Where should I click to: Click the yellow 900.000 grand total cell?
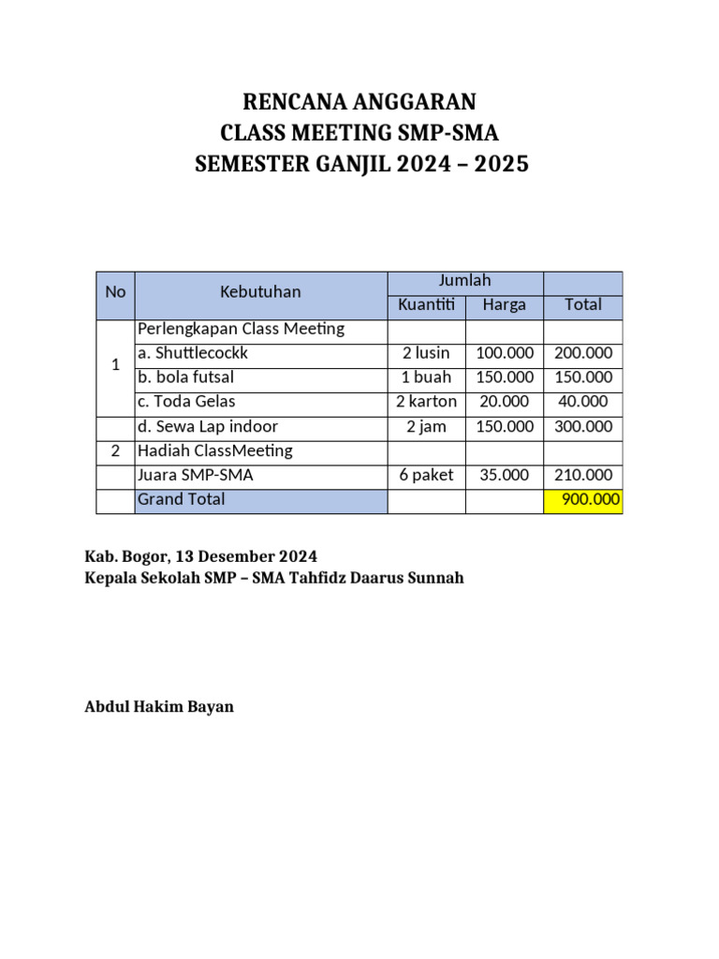tap(582, 500)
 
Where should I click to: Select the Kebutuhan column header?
tap(260, 292)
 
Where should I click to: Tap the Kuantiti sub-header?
tap(426, 305)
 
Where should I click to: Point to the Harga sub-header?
tap(504, 305)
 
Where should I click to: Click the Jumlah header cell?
tap(464, 281)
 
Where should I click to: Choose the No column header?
tap(115, 292)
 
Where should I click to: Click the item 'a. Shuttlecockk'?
tap(193, 354)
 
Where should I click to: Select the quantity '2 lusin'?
tap(426, 354)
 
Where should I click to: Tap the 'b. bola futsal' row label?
tap(185, 378)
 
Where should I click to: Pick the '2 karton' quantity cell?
tap(426, 403)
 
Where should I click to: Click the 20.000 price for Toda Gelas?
tap(505, 403)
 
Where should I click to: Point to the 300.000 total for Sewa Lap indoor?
tap(582, 427)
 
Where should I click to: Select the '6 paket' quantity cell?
tap(426, 476)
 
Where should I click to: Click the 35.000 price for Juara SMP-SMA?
tap(505, 476)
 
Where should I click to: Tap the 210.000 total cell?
tap(582, 476)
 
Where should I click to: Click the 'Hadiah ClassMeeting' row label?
tap(214, 451)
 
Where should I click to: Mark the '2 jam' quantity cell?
tap(426, 427)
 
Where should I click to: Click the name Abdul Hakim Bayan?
tap(159, 707)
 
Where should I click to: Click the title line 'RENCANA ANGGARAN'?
tap(360, 101)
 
